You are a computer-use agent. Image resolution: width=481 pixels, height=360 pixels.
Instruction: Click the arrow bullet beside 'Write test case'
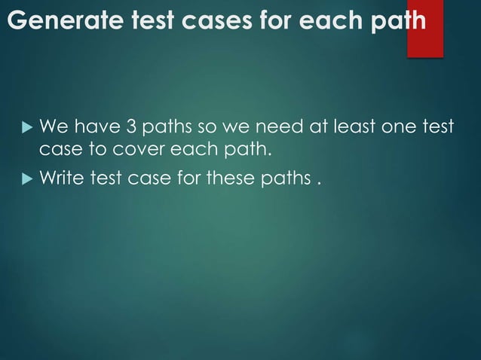(22, 179)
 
